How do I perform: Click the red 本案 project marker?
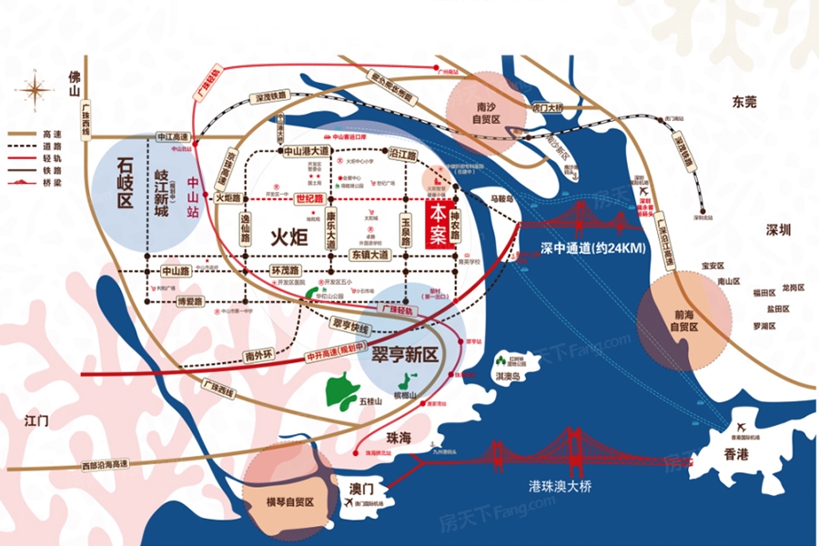pos(439,224)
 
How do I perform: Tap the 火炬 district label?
pos(289,237)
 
